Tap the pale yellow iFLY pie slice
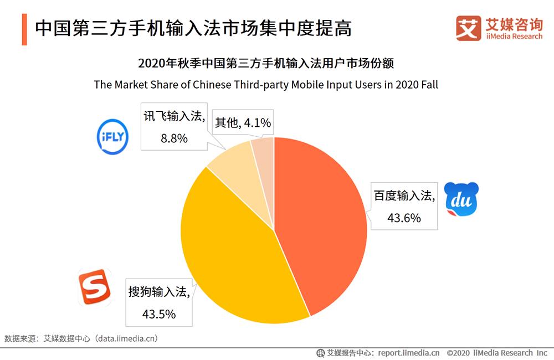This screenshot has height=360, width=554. (x=233, y=166)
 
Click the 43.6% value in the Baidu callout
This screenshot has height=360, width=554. (x=404, y=218)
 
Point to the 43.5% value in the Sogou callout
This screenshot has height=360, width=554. (x=159, y=314)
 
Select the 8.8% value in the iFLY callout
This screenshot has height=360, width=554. (x=174, y=138)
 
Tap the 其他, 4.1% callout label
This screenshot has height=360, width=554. (x=243, y=122)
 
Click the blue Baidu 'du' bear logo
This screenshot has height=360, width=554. (x=461, y=200)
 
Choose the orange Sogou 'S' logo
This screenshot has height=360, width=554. (x=94, y=287)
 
